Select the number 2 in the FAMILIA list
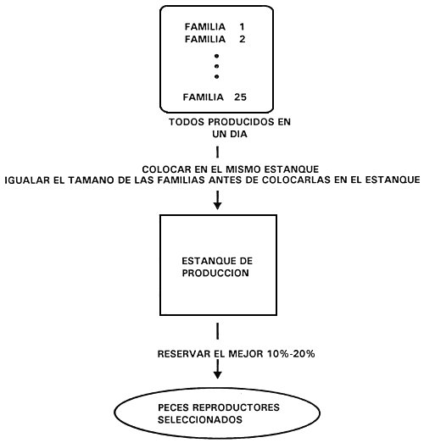pyautogui.click(x=243, y=39)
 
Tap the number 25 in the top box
pyautogui.click(x=240, y=97)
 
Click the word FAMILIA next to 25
pyautogui.click(x=203, y=97)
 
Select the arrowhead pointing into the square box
pyautogui.click(x=218, y=205)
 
